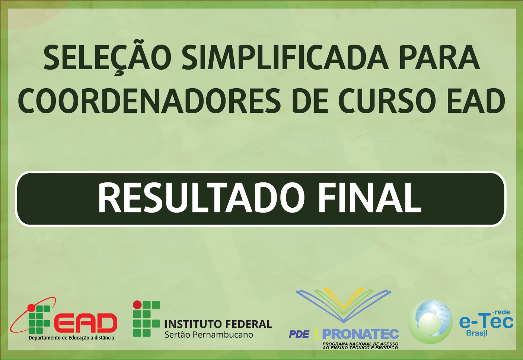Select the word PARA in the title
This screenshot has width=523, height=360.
[x=439, y=57]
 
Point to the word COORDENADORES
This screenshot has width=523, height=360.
[x=149, y=101]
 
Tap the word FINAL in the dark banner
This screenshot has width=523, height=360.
[x=370, y=198]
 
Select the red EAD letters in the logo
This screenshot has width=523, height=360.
[x=86, y=323]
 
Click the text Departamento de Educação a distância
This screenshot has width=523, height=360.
[x=71, y=338]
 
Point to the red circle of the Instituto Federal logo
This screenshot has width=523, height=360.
[x=137, y=305]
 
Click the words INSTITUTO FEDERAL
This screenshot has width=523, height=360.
[x=218, y=324]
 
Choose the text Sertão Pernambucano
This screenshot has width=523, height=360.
[x=209, y=335]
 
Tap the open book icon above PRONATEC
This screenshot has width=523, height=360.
[x=344, y=305]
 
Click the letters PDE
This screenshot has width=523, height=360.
[x=299, y=334]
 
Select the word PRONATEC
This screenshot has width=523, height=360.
[x=360, y=334]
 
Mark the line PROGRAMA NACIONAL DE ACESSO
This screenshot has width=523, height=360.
[x=360, y=344]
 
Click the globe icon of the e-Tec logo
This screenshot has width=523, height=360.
[x=430, y=322]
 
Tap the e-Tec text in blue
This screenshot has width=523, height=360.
[x=486, y=322]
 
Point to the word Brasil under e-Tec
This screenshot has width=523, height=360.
[x=477, y=333]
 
